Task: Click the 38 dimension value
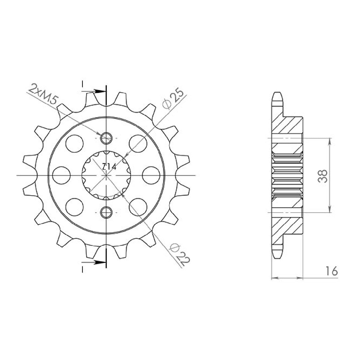(323, 176)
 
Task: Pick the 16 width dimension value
(331, 271)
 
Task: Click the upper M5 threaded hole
(106, 138)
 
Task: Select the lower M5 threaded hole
(106, 212)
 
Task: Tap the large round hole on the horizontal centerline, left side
(62, 175)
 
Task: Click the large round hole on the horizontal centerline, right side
(151, 175)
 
